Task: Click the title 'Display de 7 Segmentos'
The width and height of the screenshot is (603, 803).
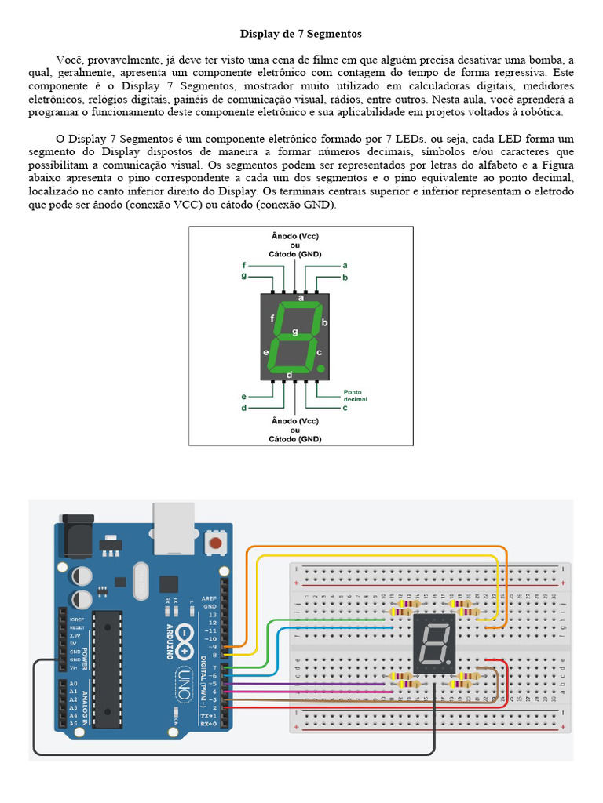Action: [x=301, y=35]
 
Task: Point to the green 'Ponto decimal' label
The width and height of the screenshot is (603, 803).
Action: [x=355, y=394]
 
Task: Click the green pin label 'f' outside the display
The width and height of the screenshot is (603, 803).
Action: [x=244, y=266]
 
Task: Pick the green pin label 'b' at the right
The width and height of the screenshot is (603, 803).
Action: [x=345, y=278]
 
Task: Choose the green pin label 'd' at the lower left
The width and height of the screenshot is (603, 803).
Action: [x=244, y=408]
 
